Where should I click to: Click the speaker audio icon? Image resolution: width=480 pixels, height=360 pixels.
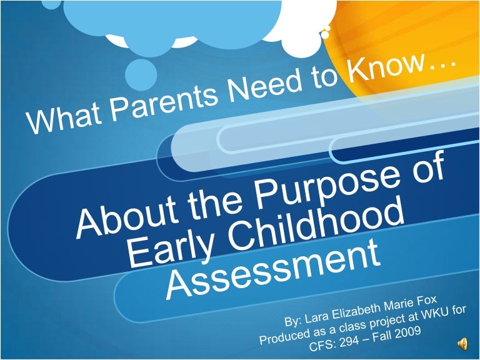pos(462,344)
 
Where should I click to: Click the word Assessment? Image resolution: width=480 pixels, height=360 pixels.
pos(273,270)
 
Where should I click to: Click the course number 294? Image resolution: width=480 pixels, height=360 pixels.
pos(349,341)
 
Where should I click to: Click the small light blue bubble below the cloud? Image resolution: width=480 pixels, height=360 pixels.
pos(141,75)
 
